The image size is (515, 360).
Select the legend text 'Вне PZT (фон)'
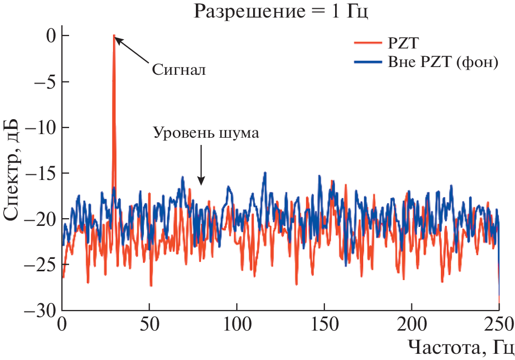pos(442,62)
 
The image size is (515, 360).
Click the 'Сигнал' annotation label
pos(179,69)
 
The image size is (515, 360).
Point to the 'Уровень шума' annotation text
pos(206,132)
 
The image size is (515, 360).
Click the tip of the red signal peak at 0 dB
pos(114,36)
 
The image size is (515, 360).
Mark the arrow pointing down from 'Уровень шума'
pos(201,165)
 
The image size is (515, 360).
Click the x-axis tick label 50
pos(149,326)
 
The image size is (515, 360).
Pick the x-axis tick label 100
pos(237,326)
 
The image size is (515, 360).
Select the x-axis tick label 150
pos(324,326)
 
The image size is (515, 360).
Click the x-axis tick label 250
pos(498,326)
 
